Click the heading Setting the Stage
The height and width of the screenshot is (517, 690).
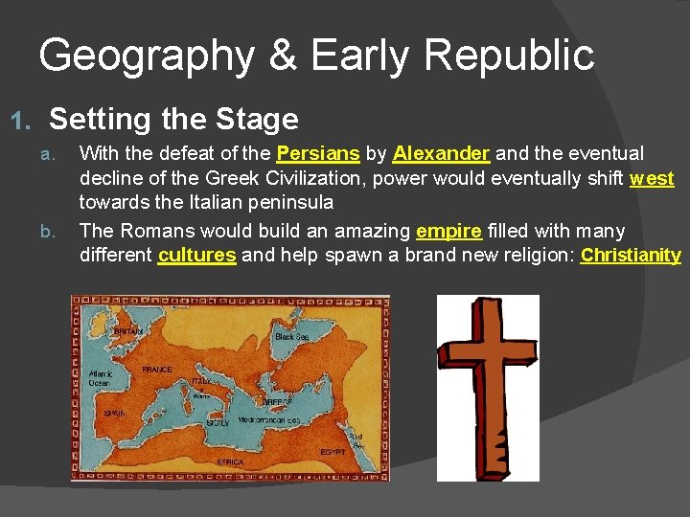173,120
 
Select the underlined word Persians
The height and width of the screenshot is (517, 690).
318,153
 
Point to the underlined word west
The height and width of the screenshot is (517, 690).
652,178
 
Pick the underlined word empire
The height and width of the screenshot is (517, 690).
448,231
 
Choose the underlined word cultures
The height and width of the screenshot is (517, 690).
197,256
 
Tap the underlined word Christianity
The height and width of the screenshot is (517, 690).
631,256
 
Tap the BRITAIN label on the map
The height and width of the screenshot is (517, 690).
128,331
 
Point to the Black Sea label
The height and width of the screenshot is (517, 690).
290,337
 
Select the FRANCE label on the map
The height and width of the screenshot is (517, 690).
157,369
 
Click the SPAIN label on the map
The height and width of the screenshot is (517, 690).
116,414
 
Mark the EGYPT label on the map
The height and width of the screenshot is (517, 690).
333,451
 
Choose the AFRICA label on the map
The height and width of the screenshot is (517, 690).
230,462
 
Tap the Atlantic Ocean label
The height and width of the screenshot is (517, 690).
100,378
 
